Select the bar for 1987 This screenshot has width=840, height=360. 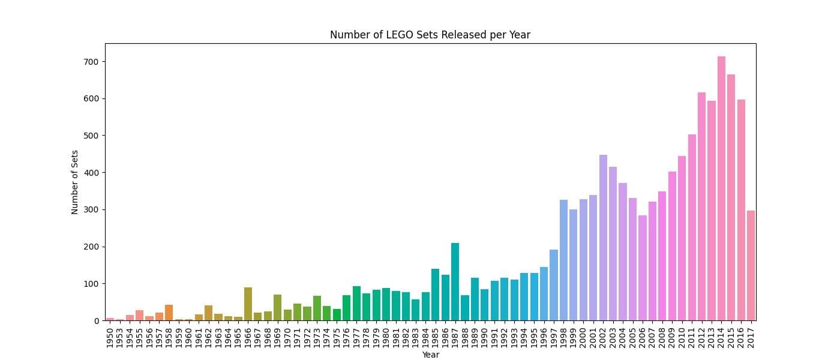(x=455, y=282)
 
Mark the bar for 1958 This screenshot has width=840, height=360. (x=169, y=313)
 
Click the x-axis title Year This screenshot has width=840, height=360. (x=430, y=355)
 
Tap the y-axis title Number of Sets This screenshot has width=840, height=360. (x=75, y=182)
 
